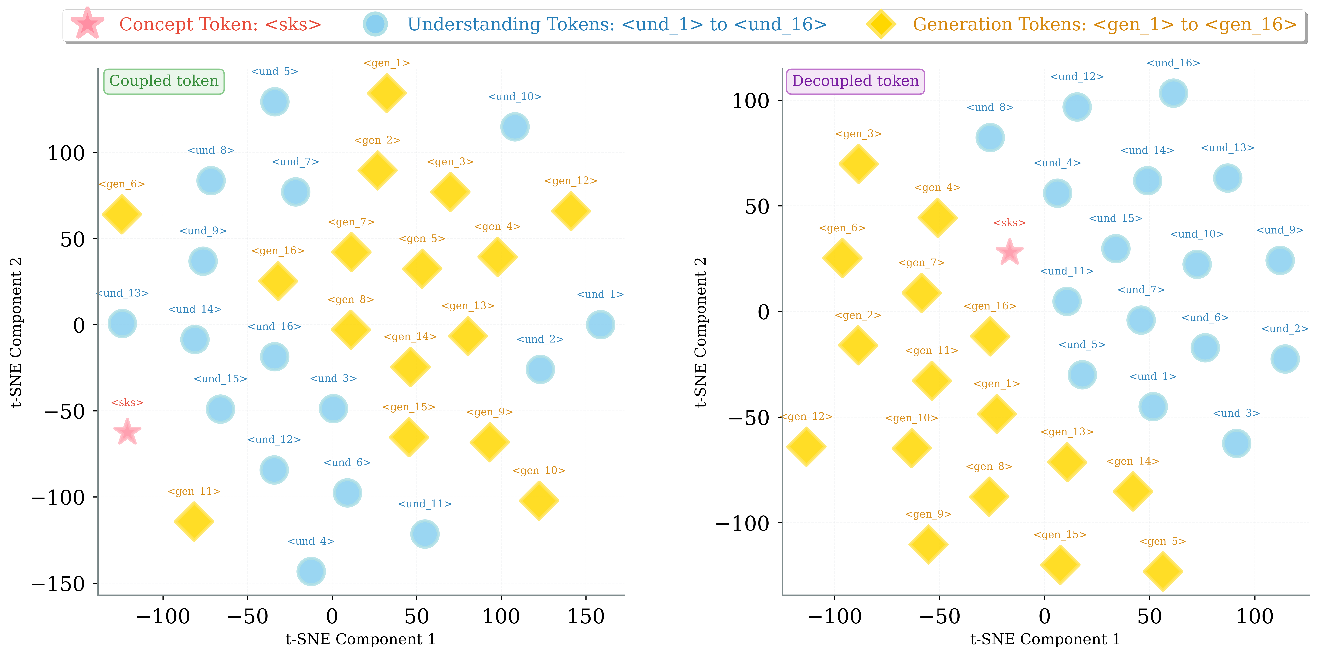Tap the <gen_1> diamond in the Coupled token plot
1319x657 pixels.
[387, 93]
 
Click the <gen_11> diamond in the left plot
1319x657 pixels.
[194, 521]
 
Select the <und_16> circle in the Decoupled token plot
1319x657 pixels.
[1173, 93]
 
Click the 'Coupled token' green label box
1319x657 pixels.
[164, 81]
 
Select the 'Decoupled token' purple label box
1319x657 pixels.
[855, 81]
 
